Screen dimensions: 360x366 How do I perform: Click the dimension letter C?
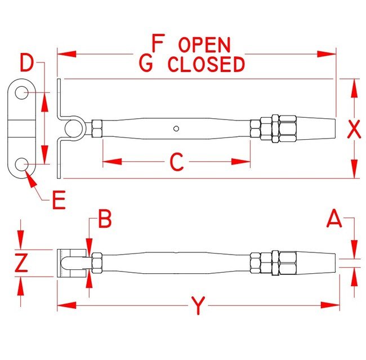(177, 162)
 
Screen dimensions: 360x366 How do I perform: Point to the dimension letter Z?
(21, 263)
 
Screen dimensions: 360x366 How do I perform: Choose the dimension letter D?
(26, 63)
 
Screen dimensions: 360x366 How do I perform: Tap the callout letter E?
(59, 201)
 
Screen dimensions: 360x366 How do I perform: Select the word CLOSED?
(207, 65)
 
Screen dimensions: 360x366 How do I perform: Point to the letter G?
(146, 65)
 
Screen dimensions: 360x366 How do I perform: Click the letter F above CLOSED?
(158, 43)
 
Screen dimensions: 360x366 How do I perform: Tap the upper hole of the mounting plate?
(22, 92)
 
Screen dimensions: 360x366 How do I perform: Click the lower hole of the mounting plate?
(22, 164)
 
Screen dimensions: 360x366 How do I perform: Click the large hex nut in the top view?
(285, 130)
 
